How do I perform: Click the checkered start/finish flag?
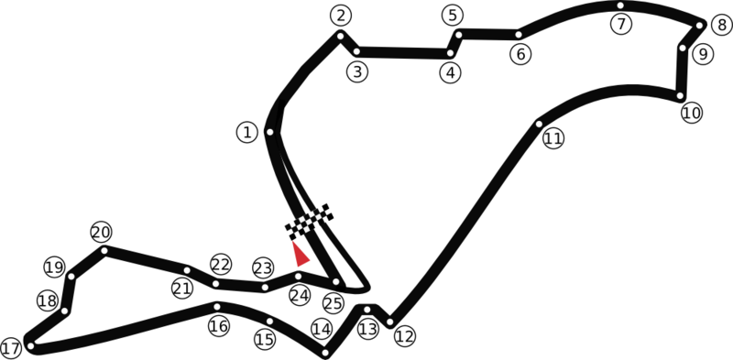308,221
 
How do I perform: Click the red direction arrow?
300,254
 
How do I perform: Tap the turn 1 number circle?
246,132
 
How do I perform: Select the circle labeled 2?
341,16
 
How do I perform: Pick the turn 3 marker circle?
357,71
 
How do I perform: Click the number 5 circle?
453,16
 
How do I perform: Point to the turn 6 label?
520,54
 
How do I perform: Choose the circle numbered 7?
622,24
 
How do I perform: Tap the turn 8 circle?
722,26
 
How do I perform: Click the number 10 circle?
692,113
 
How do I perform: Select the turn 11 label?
552,138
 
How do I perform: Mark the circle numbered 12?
405,336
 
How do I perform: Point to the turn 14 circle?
322,329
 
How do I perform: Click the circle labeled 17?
11,348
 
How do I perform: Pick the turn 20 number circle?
101,232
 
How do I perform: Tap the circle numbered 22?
221,264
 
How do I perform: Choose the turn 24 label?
300,295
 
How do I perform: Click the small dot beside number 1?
269,132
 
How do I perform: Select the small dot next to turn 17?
31,346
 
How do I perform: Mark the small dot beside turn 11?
539,124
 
